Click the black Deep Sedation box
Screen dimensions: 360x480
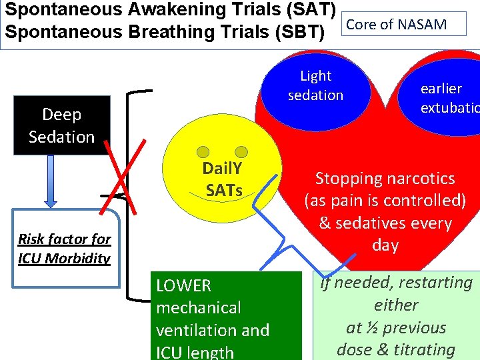pyautogui.click(x=61, y=125)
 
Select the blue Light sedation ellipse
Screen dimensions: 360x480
pyautogui.click(x=315, y=85)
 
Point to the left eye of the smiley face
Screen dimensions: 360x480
pyautogui.click(x=198, y=153)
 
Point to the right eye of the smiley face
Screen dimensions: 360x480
pyautogui.click(x=241, y=153)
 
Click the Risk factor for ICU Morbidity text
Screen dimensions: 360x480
pyautogui.click(x=64, y=248)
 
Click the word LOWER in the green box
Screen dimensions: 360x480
pyautogui.click(x=183, y=286)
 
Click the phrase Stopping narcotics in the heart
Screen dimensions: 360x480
pyautogui.click(x=385, y=178)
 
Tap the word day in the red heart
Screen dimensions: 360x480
pyautogui.click(x=385, y=245)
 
